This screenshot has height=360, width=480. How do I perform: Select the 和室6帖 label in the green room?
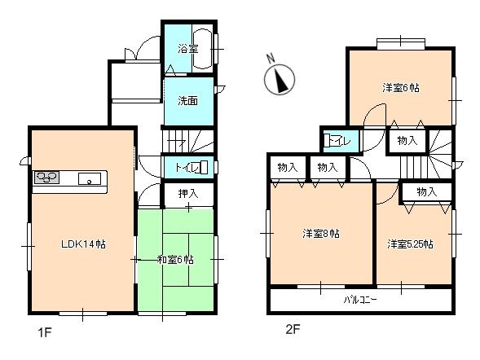[175, 260]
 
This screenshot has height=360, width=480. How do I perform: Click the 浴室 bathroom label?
[188, 49]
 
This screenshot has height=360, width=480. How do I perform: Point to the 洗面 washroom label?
[187, 101]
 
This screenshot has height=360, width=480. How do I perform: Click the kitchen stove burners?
[45, 178]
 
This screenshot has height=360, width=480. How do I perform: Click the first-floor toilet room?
[188, 168]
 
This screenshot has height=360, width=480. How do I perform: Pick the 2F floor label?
[293, 331]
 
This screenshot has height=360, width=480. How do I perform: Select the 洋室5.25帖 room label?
[410, 244]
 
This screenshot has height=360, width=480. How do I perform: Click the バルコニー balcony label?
[359, 300]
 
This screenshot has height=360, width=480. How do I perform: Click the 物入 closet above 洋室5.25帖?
[426, 191]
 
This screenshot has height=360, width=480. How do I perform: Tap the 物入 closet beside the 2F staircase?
[407, 141]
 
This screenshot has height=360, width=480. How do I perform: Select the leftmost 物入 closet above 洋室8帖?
[286, 167]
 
